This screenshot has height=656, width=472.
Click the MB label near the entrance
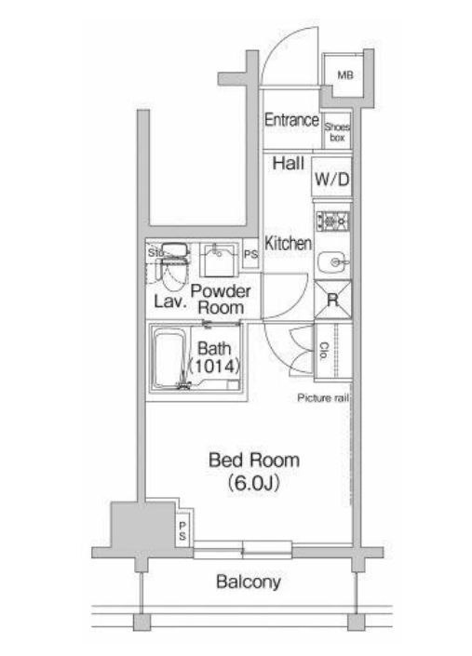[x=345, y=74]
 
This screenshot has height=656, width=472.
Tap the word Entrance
[x=291, y=120]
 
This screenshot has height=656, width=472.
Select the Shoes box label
[x=337, y=132]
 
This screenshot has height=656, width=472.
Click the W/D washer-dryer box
[x=331, y=179]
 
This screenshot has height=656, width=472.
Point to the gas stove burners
[x=332, y=221]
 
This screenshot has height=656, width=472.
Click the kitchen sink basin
[x=331, y=262]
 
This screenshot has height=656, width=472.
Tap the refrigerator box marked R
[x=332, y=300]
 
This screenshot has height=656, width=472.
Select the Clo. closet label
[x=323, y=352]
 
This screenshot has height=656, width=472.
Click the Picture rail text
[x=323, y=398]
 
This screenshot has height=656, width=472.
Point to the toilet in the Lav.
[x=173, y=268]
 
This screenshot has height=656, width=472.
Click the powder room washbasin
[x=219, y=261]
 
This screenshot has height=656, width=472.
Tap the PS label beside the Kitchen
[x=250, y=254]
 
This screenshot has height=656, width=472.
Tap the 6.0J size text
[x=254, y=483]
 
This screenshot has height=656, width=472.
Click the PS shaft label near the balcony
[x=182, y=530]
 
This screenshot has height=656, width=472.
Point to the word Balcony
[x=249, y=582]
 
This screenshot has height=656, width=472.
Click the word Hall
[x=289, y=163]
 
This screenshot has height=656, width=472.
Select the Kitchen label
[x=289, y=243]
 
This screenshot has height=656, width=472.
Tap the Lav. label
[x=169, y=301]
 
